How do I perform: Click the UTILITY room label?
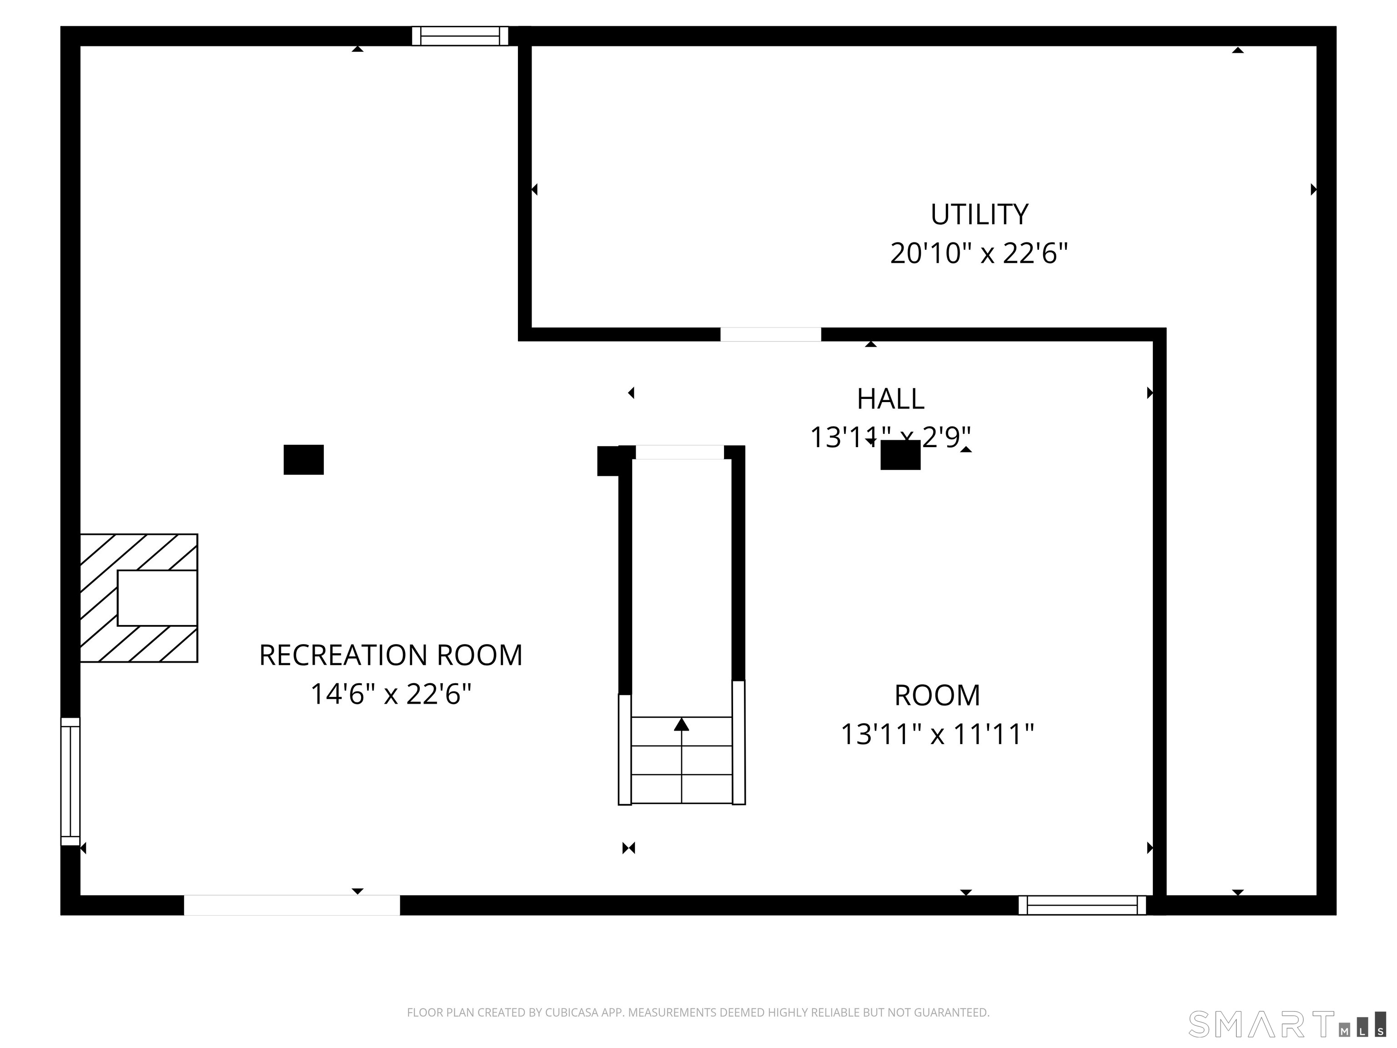pos(979,215)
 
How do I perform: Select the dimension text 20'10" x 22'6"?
pos(979,254)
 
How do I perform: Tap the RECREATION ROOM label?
pos(391,655)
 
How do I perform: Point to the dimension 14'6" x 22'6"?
pos(391,694)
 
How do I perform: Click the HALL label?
pos(890,398)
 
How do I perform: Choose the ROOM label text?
pos(937,695)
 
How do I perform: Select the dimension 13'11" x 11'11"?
pos(937,735)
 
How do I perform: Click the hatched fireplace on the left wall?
pos(139,598)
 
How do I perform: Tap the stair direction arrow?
pos(682,725)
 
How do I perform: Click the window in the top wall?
pos(460,36)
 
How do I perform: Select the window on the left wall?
pos(70,781)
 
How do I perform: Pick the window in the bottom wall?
pos(1082,905)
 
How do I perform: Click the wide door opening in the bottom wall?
pos(292,905)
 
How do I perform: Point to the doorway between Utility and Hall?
pos(770,334)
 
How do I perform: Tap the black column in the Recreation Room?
pos(304,459)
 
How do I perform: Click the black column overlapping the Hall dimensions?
pos(900,455)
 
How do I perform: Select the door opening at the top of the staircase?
pos(679,452)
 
